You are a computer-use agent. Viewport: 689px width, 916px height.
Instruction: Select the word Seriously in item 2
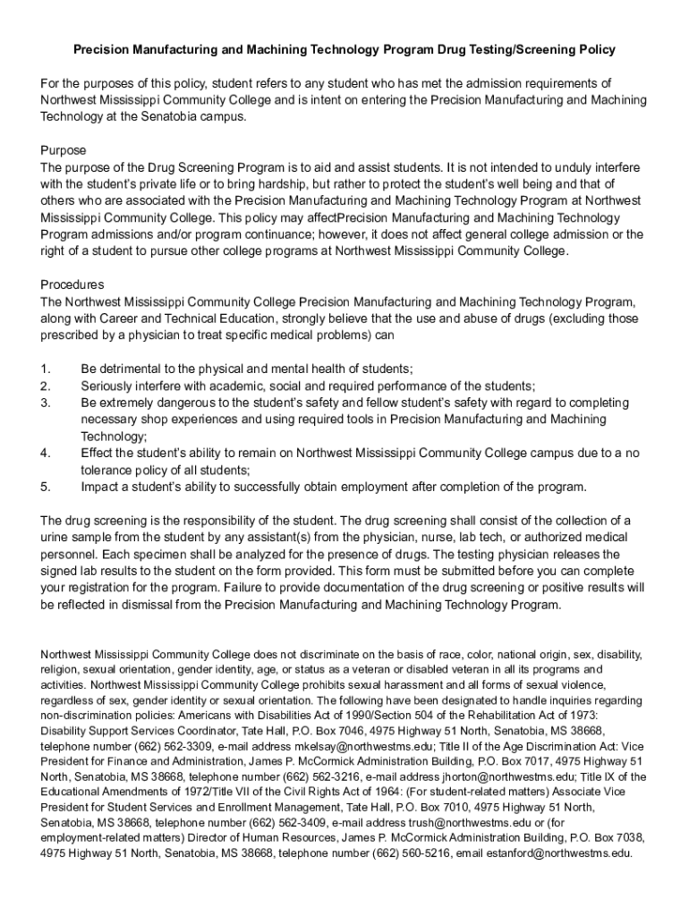pyautogui.click(x=108, y=386)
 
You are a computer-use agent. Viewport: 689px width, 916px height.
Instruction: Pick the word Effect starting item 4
pyautogui.click(x=98, y=453)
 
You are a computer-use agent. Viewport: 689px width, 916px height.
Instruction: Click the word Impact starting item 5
pyautogui.click(x=100, y=487)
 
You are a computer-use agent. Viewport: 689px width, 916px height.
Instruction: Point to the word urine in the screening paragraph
pyautogui.click(x=55, y=538)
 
